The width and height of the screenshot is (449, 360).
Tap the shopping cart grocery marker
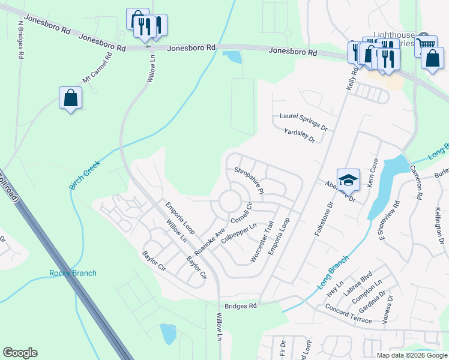426,45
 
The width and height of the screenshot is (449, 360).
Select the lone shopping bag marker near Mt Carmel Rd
70,98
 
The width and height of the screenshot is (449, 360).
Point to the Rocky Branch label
73,274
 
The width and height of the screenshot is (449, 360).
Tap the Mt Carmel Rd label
98,68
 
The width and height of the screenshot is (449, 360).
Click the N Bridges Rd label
20,40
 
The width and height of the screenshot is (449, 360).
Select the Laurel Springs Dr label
303,122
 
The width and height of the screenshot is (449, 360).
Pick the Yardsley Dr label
300,136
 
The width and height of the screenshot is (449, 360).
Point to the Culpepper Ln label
239,233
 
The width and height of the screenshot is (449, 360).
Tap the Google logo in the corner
20,353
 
